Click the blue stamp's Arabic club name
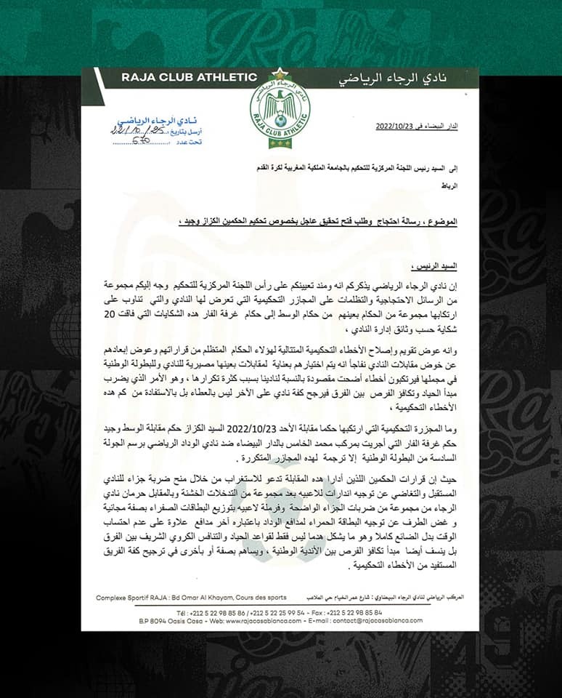pos(145,116)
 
